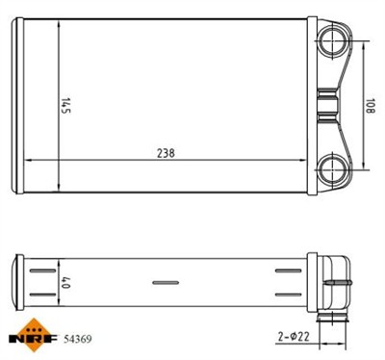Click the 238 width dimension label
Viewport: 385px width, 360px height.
tap(167, 152)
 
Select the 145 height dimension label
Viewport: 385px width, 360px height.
tap(66, 103)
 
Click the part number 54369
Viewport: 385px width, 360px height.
tap(78, 339)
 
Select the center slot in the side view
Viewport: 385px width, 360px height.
tap(166, 282)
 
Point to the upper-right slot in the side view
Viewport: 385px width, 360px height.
tap(289, 270)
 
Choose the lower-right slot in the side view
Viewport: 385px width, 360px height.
tap(289, 295)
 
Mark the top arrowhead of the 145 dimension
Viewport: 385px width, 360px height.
tap(60, 25)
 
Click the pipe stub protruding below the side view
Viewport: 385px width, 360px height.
tap(333, 316)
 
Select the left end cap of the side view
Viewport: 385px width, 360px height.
tap(16, 282)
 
